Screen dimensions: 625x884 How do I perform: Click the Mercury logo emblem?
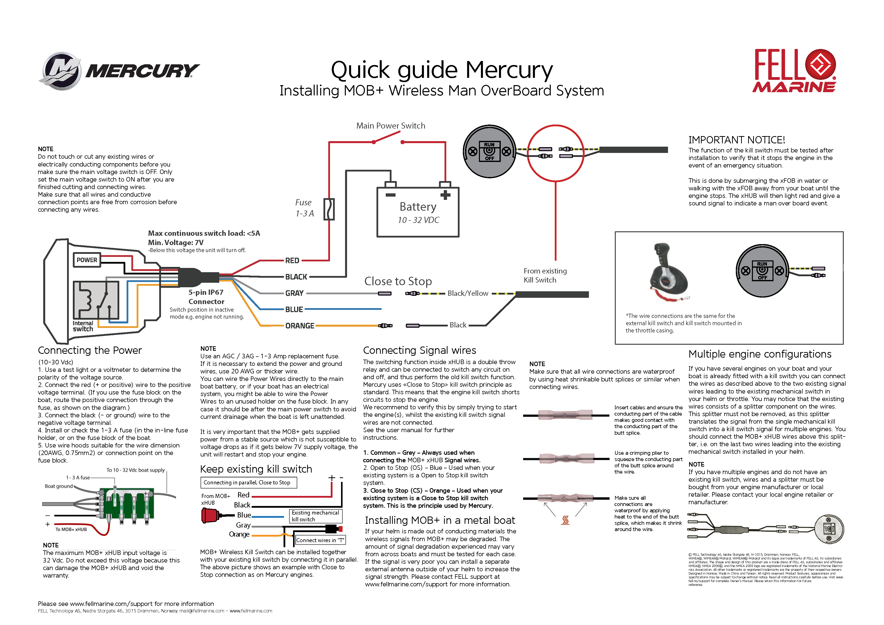61,71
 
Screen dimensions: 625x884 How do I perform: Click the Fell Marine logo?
794,71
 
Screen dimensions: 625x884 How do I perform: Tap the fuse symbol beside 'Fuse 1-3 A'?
329,209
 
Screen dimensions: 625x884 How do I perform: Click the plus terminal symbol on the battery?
446,195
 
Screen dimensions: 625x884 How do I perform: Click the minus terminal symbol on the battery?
391,195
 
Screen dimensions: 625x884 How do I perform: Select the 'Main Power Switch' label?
391,126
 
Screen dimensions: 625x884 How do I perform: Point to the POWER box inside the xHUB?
87,260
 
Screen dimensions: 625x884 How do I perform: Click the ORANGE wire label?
300,326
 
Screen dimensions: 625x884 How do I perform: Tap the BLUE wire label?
294,309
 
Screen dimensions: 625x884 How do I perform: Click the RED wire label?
292,261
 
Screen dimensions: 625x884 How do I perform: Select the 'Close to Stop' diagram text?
398,281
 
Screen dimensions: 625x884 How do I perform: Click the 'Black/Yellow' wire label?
468,293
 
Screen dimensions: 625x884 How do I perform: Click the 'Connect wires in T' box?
320,540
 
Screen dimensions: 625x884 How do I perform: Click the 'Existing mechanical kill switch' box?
315,516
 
